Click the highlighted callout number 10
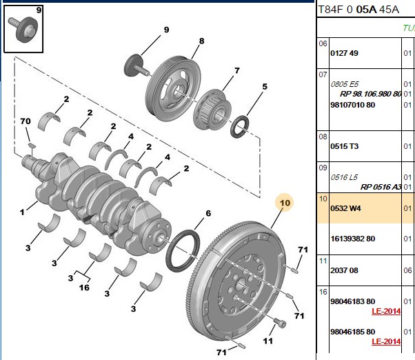tap(285, 203)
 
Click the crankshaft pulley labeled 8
tap(173, 89)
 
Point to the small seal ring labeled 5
tap(239, 127)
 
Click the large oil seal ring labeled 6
tap(183, 250)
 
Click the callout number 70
tap(26, 121)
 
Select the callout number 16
tap(84, 288)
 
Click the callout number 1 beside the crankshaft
tap(22, 212)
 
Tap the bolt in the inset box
tap(23, 29)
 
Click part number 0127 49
tap(344, 53)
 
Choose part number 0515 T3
tap(344, 146)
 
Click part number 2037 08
tap(344, 270)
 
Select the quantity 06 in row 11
tap(407, 270)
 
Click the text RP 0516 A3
tap(381, 187)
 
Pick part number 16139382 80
tap(353, 239)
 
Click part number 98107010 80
tap(353, 105)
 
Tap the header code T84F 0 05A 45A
tap(358, 10)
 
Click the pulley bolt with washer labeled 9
tap(136, 66)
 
